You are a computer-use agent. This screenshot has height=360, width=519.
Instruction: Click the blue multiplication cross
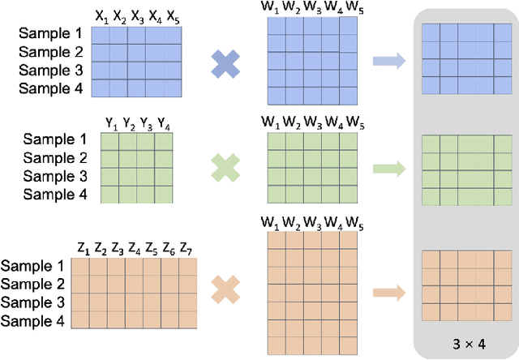[x=225, y=65]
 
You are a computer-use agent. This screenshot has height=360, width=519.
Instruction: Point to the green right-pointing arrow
[x=388, y=169]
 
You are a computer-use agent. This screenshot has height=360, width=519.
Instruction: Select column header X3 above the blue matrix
[x=137, y=15]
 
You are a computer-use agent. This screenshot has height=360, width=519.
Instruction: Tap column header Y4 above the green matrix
[x=164, y=124]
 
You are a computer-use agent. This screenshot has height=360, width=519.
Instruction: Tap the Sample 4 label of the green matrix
[x=56, y=194]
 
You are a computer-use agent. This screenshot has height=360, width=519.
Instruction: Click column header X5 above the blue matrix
[x=174, y=15]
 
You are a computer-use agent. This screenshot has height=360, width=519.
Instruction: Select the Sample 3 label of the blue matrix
[x=51, y=71]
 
